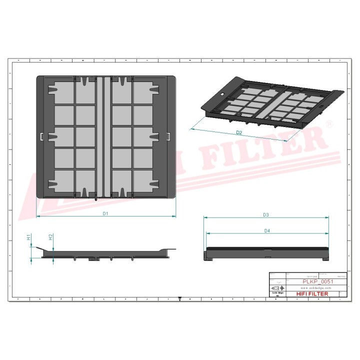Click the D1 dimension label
tap(106, 213)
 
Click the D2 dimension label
tap(239, 133)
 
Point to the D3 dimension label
tap(266, 214)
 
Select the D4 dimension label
tap(267, 230)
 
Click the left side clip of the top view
tap(39, 136)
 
